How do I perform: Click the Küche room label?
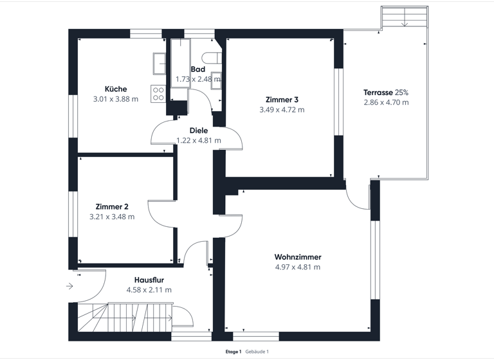point(116,89)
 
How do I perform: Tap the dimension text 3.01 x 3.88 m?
point(116,100)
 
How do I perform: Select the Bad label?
point(198,69)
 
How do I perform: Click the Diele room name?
point(199,130)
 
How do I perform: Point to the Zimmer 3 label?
point(282,100)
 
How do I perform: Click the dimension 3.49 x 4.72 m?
point(282,110)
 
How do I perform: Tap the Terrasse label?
point(378,93)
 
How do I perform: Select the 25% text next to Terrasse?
point(401,93)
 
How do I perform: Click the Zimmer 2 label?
point(112,206)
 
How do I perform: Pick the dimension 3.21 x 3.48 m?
point(112,217)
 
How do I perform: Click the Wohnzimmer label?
point(298,257)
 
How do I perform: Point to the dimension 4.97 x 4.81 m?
point(298,267)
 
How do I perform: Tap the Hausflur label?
point(149,280)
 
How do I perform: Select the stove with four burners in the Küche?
point(158,94)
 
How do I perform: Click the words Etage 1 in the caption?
point(233,352)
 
